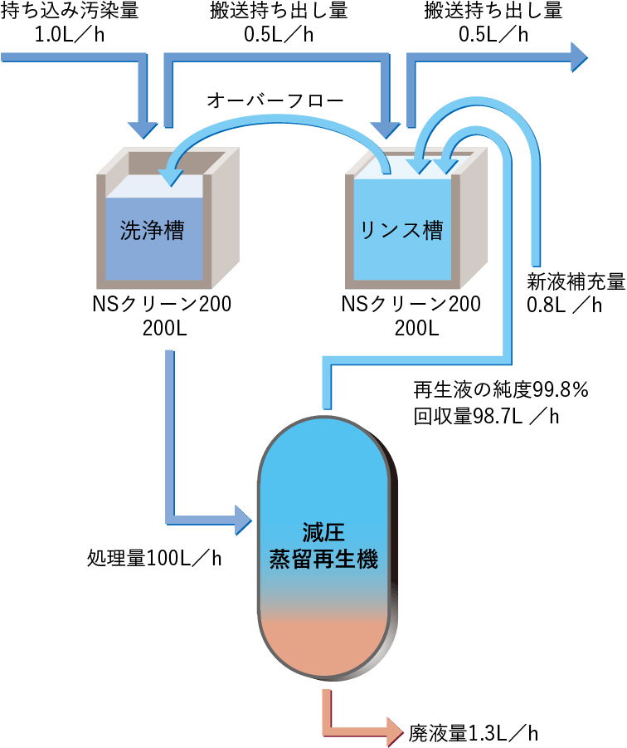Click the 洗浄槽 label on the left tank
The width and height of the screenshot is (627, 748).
[152, 231]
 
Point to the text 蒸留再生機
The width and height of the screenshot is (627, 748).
[323, 560]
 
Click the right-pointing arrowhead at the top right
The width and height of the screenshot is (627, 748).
[578, 57]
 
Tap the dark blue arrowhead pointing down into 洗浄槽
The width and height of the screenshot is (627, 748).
[143, 129]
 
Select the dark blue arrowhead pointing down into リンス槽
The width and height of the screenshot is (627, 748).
[385, 129]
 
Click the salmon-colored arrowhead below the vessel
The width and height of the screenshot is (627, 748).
[393, 731]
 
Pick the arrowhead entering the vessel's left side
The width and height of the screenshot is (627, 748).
[242, 520]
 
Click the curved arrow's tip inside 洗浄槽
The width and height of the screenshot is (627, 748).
[172, 176]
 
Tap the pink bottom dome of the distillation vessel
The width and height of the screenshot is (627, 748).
[323, 648]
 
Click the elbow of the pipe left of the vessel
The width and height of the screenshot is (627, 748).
[171, 520]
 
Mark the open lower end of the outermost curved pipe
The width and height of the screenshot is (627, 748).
[536, 262]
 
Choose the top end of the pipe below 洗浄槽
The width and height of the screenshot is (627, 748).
[170, 354]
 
